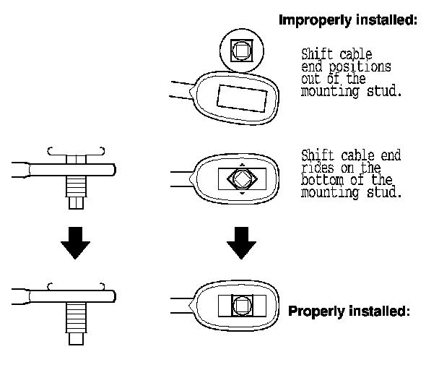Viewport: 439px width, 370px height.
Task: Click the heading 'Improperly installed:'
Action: coord(349,20)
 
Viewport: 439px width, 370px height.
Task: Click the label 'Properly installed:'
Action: coord(349,312)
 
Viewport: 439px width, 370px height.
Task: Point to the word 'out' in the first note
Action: coord(311,79)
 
